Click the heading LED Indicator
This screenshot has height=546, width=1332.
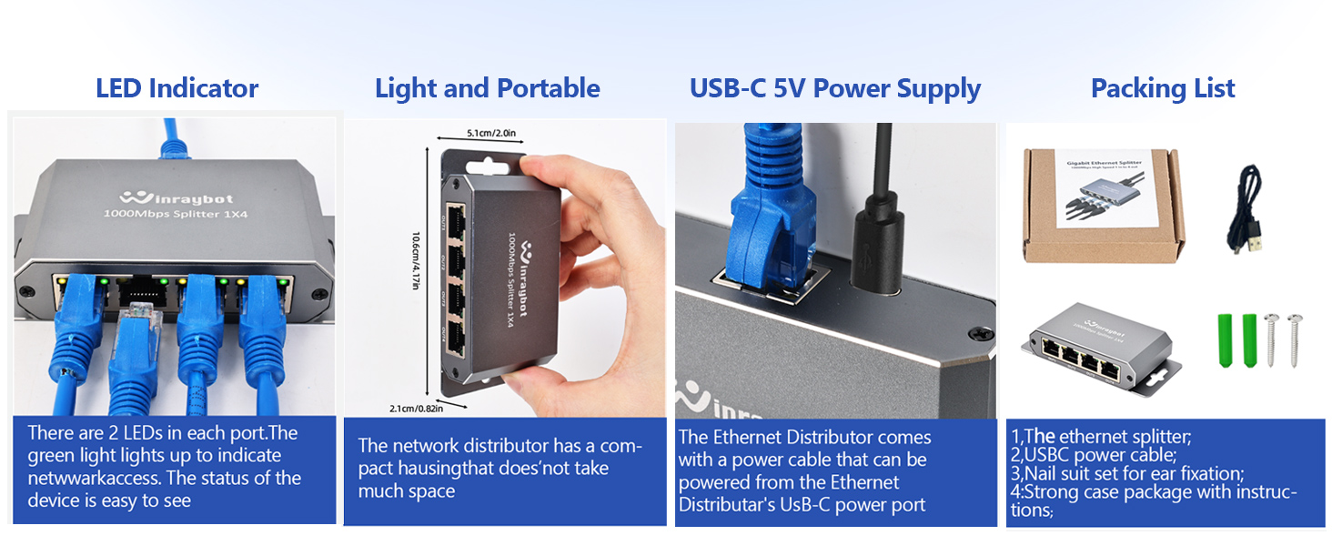point(177,88)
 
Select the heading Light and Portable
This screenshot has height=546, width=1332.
point(487,88)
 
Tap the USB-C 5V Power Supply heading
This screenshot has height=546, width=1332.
point(834,88)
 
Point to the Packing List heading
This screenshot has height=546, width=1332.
point(1162,88)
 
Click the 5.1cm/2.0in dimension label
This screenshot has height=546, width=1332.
point(490,133)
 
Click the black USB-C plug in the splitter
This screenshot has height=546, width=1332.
point(875,246)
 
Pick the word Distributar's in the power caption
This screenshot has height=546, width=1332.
point(727,505)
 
